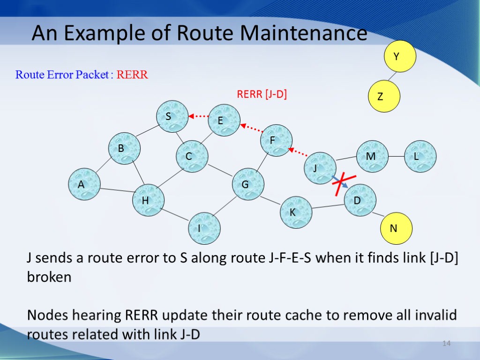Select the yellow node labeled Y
tap(400, 56)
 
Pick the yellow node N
tap(396, 229)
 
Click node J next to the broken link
tap(320, 168)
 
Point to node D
tap(360, 200)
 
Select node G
tap(248, 184)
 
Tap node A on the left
tap(84, 185)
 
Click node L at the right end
tap(420, 157)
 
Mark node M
tap(372, 156)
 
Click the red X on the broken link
tap(344, 184)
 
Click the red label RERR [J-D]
tap(262, 95)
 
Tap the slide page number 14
tap(446, 345)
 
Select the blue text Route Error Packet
tap(62, 75)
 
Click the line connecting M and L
tap(397, 156)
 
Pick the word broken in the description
tap(49, 277)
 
